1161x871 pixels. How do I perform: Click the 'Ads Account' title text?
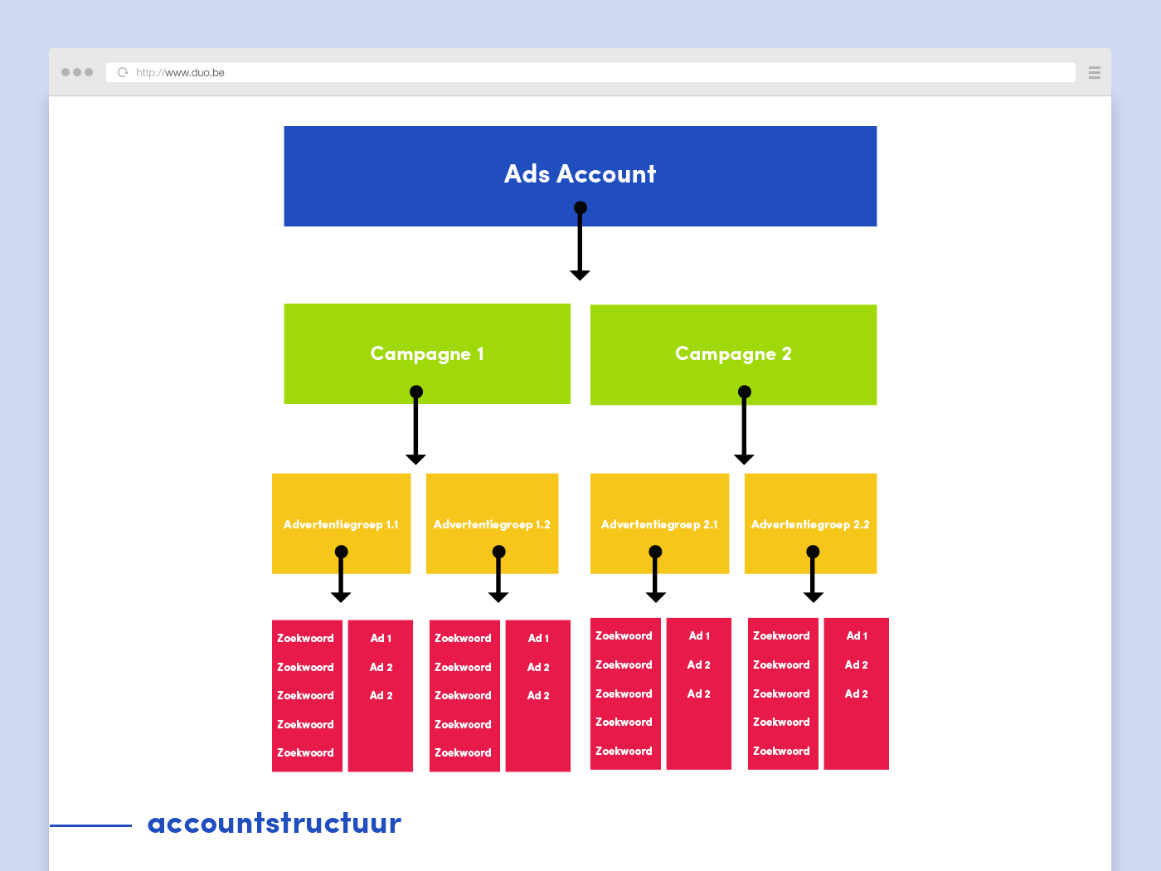580,173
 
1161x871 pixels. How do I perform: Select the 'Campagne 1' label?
427,354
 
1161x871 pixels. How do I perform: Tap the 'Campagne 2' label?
733,354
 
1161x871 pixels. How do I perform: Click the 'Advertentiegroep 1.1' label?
341,524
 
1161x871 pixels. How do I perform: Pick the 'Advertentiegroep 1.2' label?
492,524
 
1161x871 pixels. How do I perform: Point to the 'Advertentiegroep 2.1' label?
659,524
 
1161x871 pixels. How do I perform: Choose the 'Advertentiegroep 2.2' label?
810,524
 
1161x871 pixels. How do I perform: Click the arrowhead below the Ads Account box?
580,275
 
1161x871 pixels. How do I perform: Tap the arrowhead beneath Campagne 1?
415,459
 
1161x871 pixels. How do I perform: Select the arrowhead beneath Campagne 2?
744,459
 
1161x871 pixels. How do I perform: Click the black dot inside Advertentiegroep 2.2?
813,552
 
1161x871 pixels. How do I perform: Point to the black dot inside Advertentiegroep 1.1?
341,552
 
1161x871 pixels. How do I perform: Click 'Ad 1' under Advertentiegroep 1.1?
381,638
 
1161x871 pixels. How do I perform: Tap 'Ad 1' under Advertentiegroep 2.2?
857,635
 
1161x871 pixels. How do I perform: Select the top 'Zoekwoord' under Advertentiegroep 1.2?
463,638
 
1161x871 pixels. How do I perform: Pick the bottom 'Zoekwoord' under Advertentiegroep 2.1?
624,751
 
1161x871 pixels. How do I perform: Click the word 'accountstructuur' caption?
274,823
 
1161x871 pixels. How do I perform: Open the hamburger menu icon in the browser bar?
1095,72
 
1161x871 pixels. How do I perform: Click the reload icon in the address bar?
123,72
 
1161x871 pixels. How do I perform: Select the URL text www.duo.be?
195,72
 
